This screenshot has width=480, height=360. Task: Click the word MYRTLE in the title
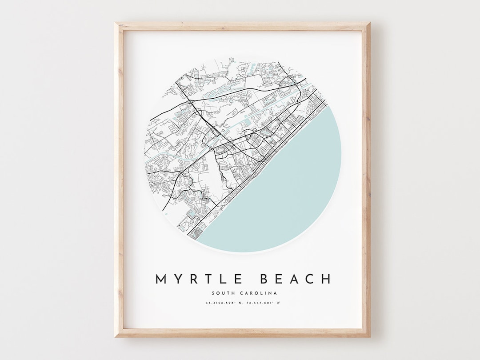click(x=198, y=279)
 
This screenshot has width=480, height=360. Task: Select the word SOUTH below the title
click(x=223, y=293)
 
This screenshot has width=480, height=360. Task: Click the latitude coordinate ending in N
click(x=223, y=303)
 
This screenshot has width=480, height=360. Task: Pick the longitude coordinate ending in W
click(x=265, y=303)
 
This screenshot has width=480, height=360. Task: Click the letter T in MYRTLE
click(x=208, y=279)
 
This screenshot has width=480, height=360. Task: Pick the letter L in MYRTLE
click(x=222, y=279)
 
